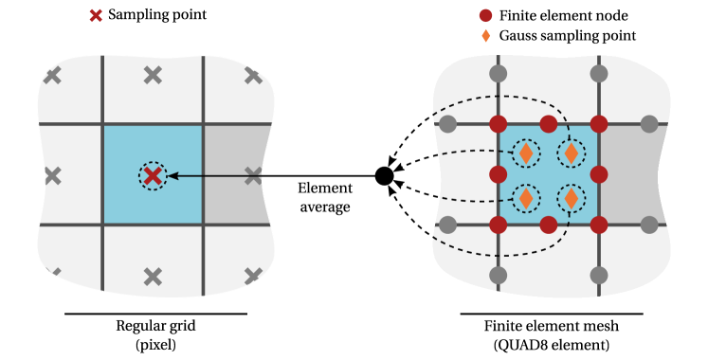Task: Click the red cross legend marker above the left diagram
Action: pyautogui.click(x=96, y=15)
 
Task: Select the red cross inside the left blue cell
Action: pyautogui.click(x=153, y=175)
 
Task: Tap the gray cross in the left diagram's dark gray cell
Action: pyautogui.click(x=253, y=175)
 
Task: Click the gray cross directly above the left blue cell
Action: pyautogui.click(x=153, y=75)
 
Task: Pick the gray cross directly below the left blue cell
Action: pyautogui.click(x=153, y=277)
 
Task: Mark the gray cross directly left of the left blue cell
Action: pyautogui.click(x=52, y=175)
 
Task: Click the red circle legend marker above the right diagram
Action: pyautogui.click(x=485, y=15)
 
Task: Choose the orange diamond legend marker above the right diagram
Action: pyautogui.click(x=486, y=36)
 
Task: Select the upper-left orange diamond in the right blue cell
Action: pyautogui.click(x=526, y=153)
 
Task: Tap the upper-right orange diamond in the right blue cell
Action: pyautogui.click(x=571, y=153)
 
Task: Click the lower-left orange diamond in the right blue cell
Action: pyautogui.click(x=526, y=198)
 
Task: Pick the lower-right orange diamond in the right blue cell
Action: pyautogui.click(x=571, y=198)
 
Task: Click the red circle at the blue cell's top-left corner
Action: pyautogui.click(x=499, y=124)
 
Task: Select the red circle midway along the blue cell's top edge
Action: pyautogui.click(x=549, y=124)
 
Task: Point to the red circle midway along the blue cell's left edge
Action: pyautogui.click(x=499, y=174)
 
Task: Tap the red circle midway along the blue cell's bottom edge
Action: pyautogui.click(x=549, y=225)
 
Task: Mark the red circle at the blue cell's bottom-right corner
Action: pyautogui.click(x=599, y=225)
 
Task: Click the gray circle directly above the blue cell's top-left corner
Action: pyautogui.click(x=499, y=73)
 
